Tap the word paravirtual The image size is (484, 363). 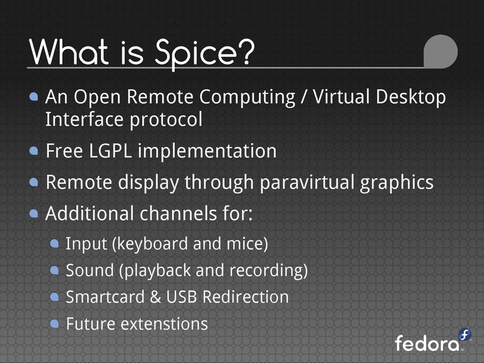click(303, 182)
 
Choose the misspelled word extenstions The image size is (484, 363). click(165, 324)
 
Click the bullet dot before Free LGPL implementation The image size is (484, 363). click(34, 151)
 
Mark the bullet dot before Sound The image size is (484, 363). click(54, 270)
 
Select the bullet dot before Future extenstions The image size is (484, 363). click(54, 324)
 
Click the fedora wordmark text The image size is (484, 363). click(427, 344)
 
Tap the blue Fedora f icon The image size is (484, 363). click(464, 335)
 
